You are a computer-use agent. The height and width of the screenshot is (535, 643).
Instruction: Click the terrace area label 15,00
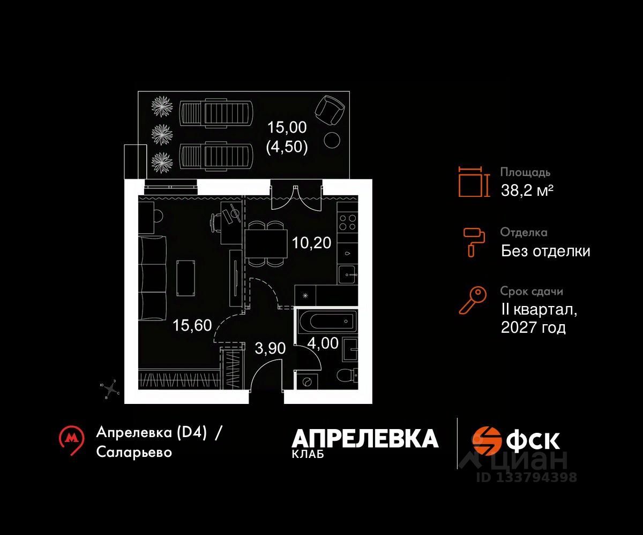click(287, 128)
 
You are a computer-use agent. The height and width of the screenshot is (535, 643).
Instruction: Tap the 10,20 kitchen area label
click(311, 243)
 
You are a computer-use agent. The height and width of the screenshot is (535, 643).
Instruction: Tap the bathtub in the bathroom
click(325, 322)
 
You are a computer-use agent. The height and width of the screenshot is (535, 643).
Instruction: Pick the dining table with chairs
click(266, 243)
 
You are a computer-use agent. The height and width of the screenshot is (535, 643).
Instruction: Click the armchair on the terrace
click(328, 109)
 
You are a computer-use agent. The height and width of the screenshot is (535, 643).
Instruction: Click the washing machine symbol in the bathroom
click(307, 382)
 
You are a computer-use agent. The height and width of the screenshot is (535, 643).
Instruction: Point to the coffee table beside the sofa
click(185, 278)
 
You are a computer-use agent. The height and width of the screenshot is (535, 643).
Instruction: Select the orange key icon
click(472, 300)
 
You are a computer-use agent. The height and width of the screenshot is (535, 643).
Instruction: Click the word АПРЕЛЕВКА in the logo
click(365, 439)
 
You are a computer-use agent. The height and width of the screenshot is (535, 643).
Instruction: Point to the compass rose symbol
click(113, 389)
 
